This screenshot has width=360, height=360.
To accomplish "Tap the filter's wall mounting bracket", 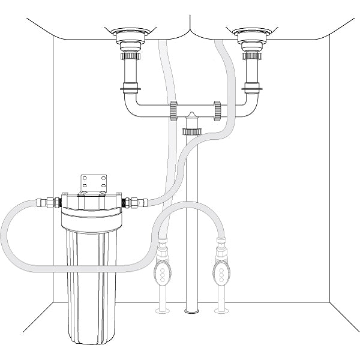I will click(93, 184).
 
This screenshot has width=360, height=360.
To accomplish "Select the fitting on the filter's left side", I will click(50, 202).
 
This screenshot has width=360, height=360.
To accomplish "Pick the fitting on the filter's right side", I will click(136, 203).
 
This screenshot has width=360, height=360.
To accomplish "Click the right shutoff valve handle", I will click(220, 272).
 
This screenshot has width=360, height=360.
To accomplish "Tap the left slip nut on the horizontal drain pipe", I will click(173, 110).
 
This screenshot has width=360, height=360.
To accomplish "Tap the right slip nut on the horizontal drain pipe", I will click(217, 110).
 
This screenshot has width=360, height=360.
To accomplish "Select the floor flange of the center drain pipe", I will click(193, 310).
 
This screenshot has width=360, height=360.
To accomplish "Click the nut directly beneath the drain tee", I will click(192, 130).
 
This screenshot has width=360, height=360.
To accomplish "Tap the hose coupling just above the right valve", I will click(220, 246).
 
